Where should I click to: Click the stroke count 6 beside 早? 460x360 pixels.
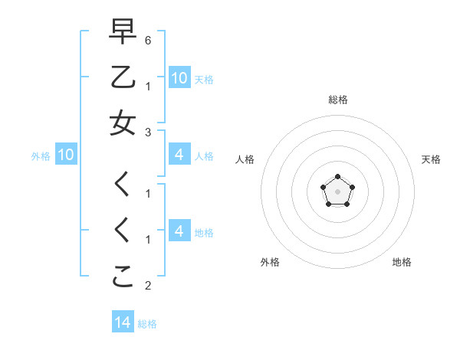148,39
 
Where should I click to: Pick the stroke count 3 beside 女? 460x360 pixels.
148,132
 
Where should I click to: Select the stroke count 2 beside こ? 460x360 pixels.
148,286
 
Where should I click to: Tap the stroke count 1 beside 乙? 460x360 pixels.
148,86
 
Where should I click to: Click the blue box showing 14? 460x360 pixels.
123,322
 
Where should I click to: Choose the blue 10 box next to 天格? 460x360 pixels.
179,77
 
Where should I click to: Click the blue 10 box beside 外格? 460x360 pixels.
66,155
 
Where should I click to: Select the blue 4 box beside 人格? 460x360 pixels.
179,155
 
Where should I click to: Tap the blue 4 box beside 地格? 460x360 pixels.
179,232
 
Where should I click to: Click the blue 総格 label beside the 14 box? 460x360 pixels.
147,324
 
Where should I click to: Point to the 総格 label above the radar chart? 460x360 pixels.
337,100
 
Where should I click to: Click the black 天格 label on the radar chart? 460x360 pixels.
431,159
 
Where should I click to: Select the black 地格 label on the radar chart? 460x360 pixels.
402,262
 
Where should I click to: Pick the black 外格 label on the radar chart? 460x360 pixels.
270,262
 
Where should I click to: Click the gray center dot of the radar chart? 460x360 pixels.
337,191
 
